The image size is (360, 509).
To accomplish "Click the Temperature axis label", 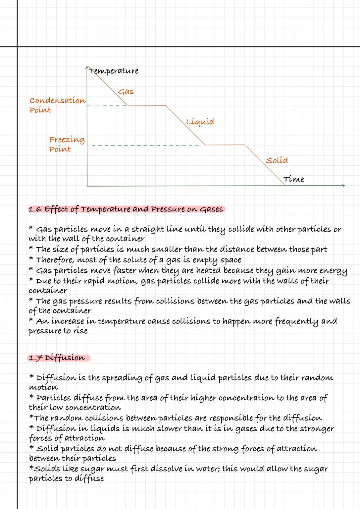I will pos(114,71).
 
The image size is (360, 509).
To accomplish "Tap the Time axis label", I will pos(294,179).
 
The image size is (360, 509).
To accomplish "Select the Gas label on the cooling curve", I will pos(126,92).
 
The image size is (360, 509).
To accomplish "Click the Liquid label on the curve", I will pos(200,122).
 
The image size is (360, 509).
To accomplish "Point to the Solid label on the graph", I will pos(277,160).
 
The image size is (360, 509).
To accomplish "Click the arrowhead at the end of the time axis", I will pos(343,186).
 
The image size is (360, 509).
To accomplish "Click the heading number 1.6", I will pos(35,209).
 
